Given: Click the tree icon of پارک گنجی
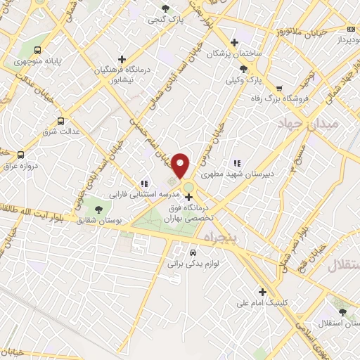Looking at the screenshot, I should [165, 8].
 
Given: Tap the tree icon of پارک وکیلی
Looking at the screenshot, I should [243, 68].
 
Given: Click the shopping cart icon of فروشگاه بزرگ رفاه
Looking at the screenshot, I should [279, 89].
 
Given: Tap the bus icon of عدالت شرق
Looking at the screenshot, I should [60, 120].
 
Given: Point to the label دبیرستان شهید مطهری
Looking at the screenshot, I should [236, 170].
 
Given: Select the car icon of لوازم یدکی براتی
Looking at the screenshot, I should [193, 253].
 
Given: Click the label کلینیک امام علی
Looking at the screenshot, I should [266, 303].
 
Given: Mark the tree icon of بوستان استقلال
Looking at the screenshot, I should [342, 310].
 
